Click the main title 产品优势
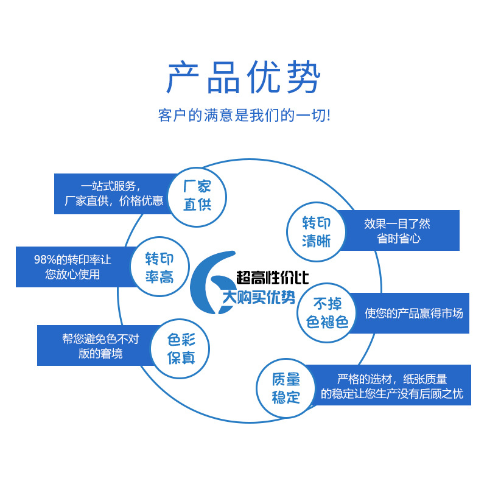[x=243, y=78]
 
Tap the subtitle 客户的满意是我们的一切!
[x=243, y=116]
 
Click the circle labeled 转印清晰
[x=317, y=232]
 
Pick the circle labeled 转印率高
[x=159, y=268]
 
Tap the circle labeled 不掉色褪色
[x=327, y=313]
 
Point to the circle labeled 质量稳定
[x=286, y=388]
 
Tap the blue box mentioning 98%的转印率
[x=72, y=267]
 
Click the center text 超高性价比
[x=272, y=279]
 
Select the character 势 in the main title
[x=301, y=78]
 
